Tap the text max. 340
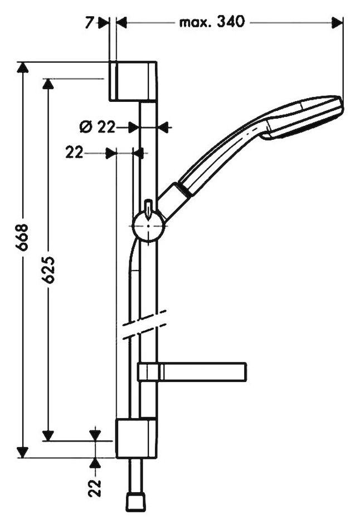(x=212, y=23)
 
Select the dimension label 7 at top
(x=89, y=23)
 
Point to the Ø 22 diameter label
(x=98, y=127)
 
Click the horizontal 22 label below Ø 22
(x=74, y=153)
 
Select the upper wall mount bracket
(x=133, y=81)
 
